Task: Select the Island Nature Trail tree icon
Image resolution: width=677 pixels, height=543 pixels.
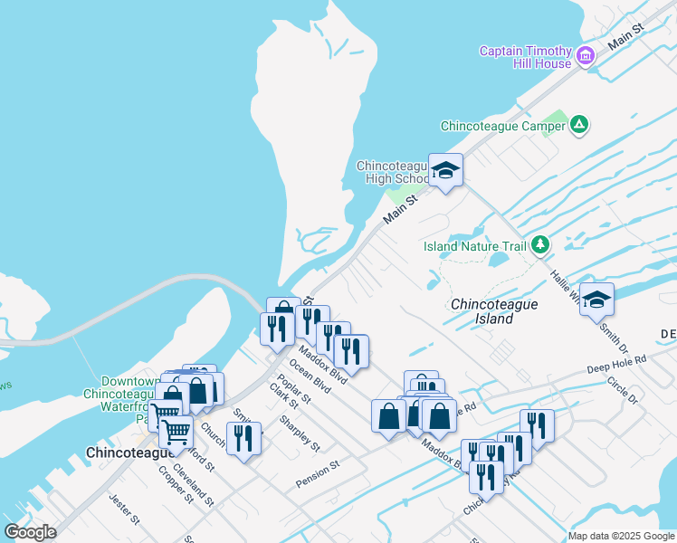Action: [540, 245]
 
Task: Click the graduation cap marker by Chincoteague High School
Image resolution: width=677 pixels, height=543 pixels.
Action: [445, 169]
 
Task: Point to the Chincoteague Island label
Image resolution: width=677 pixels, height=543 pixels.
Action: [494, 311]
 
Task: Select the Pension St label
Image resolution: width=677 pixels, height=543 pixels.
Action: [317, 475]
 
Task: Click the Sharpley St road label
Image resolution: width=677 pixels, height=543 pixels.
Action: [300, 433]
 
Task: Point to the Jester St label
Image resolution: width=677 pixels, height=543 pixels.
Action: [124, 509]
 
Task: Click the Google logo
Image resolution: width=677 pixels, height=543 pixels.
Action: [30, 531]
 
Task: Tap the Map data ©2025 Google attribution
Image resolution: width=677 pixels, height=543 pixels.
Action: [620, 536]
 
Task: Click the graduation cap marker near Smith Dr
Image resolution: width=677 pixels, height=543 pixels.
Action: [596, 299]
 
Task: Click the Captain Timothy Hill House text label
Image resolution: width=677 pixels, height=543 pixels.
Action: [525, 57]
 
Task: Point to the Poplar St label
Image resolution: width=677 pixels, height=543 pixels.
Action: [294, 389]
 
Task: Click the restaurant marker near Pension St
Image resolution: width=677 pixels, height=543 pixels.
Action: [243, 439]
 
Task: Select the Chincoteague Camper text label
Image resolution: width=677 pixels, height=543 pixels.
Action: [502, 126]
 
